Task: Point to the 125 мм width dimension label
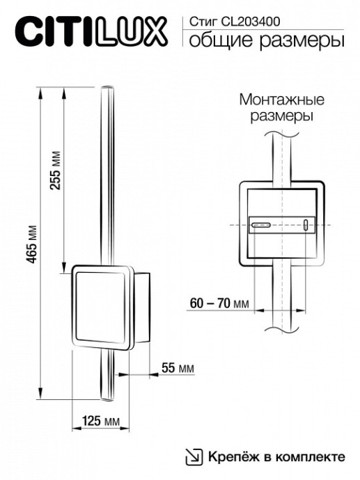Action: pos(101,421)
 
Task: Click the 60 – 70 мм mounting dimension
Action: pos(219,303)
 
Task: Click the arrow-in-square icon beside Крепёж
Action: pos(193,456)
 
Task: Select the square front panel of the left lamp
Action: pos(102,305)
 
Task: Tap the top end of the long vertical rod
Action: pos(107,90)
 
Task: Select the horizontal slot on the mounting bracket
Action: pos(261,225)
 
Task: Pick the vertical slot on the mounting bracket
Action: pos(305,224)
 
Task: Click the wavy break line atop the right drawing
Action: pos(281,131)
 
